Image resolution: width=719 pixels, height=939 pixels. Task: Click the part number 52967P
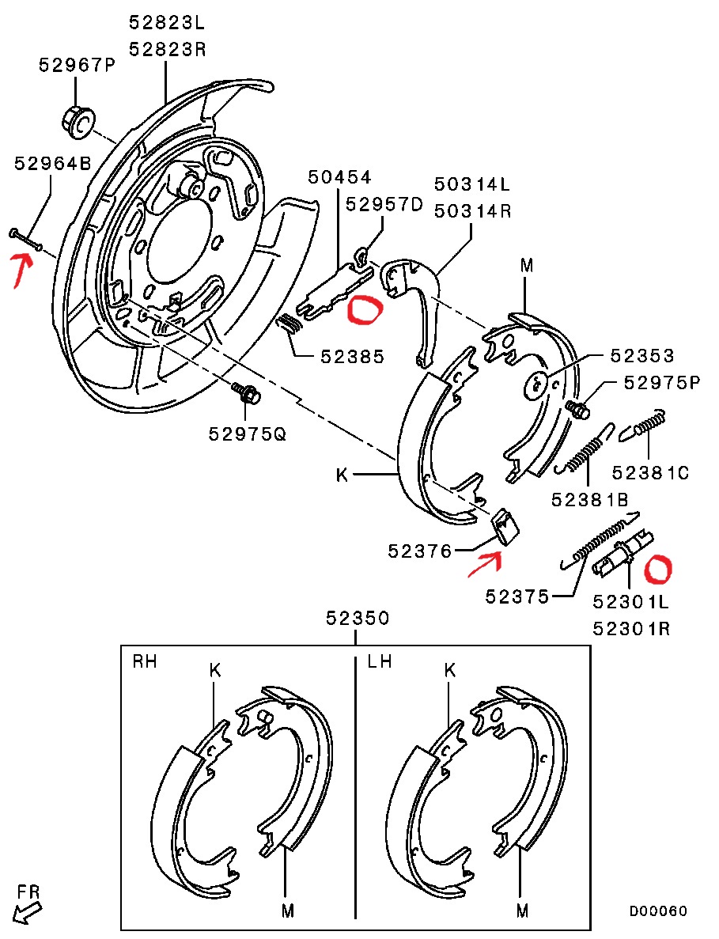[x=78, y=65]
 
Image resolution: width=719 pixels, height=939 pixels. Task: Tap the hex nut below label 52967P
[x=77, y=120]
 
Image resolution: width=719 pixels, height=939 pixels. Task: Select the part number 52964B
[x=54, y=164]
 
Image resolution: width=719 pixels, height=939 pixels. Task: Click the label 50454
[x=340, y=176]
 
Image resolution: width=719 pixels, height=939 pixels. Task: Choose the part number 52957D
[x=384, y=205]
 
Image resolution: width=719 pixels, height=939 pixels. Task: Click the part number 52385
[x=353, y=357]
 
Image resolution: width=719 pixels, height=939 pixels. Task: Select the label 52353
[x=641, y=355]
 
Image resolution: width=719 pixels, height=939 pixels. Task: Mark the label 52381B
[x=590, y=499]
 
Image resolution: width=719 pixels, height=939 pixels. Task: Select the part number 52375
[x=517, y=596]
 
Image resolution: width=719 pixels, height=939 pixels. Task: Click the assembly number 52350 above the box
[x=358, y=618]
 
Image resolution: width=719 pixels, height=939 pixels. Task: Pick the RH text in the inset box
[x=145, y=661]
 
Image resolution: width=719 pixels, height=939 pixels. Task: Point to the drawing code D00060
[x=658, y=911]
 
